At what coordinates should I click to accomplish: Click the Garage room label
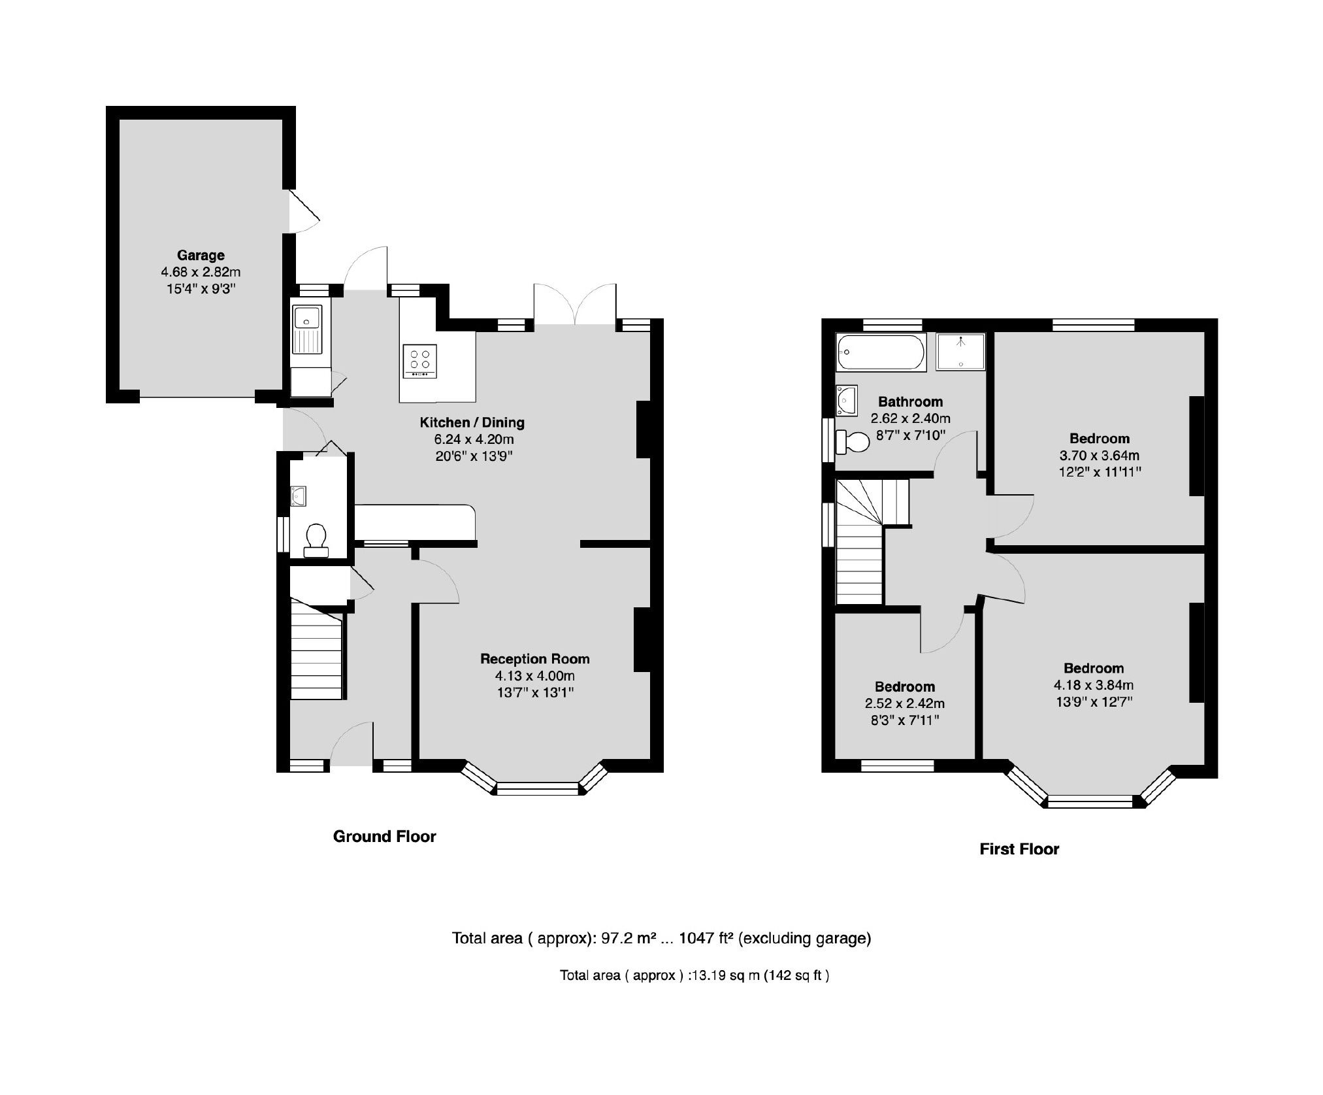[201, 255]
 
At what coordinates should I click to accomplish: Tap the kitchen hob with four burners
[419, 360]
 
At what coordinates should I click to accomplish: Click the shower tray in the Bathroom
[960, 352]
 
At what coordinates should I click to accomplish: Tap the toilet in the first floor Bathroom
[853, 443]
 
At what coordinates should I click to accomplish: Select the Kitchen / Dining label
[472, 422]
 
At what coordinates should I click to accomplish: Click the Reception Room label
[534, 658]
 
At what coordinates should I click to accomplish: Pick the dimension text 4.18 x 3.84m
[1093, 685]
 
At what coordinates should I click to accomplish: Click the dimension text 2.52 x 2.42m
[904, 703]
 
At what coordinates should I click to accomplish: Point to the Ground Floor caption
[384, 836]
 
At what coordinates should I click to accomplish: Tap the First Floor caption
[1019, 849]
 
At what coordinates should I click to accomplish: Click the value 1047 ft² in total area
[708, 938]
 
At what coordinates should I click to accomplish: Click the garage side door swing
[302, 211]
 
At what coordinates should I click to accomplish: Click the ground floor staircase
[316, 654]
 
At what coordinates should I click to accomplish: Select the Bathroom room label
[909, 401]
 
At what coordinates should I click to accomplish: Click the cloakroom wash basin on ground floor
[298, 496]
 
